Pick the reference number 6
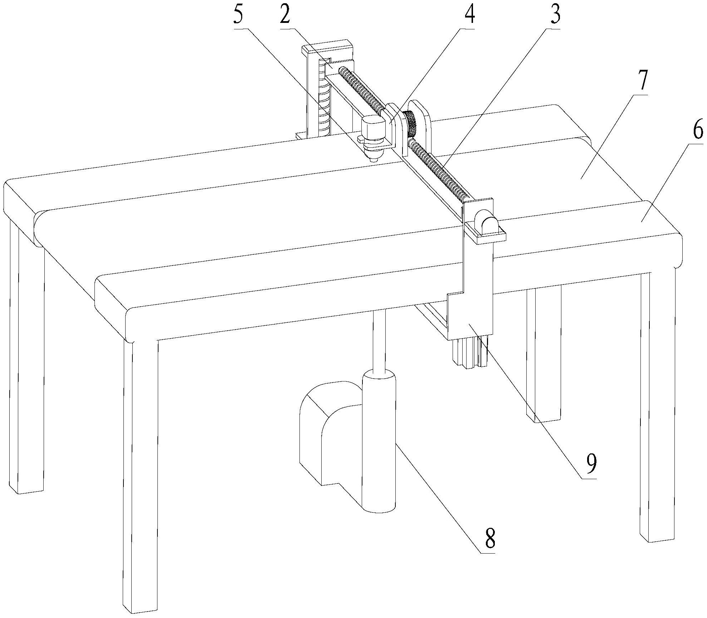(697, 131)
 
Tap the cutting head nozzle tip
(373, 160)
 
